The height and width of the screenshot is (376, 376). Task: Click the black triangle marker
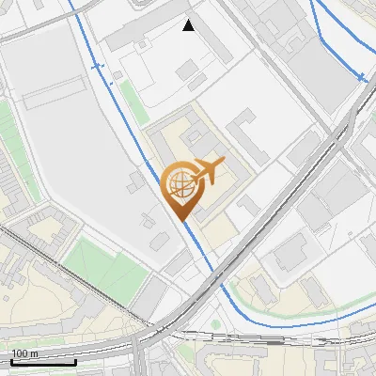point(189,25)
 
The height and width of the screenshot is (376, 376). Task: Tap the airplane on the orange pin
point(210,170)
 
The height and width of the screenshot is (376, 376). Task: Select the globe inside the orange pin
point(180,185)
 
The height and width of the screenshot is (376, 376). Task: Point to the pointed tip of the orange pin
point(180,221)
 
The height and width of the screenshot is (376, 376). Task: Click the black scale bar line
point(43,362)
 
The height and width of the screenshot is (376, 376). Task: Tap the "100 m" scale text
point(24,353)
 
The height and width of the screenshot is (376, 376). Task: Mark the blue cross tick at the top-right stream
point(360,78)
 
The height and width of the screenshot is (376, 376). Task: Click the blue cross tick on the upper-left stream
point(95,66)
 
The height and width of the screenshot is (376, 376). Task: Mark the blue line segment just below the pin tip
point(193,240)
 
